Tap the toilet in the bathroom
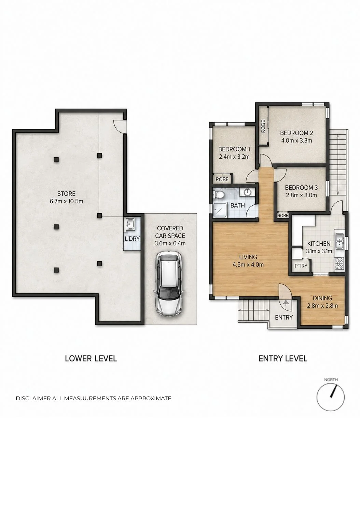[219, 194]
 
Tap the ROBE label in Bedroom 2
[263, 126]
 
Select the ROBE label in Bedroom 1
[222, 179]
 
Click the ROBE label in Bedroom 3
[282, 215]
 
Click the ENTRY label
[284, 318]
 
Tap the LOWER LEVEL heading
[91, 359]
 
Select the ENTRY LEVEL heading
[283, 359]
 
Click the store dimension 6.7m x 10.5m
[66, 201]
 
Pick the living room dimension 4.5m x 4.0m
[248, 265]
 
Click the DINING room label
[322, 298]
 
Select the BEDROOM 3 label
[301, 188]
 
